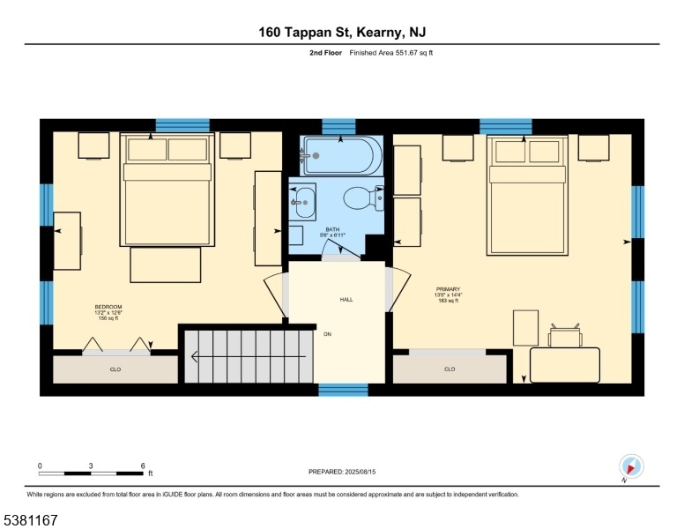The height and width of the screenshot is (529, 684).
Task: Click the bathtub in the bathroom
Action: click(343, 155)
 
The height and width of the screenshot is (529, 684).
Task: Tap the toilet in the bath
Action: click(363, 198)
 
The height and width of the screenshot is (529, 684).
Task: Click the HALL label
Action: click(346, 300)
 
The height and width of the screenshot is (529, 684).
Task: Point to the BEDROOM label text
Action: click(108, 307)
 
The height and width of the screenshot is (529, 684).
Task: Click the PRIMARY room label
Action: click(448, 289)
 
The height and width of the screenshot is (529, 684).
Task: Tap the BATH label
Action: click(332, 229)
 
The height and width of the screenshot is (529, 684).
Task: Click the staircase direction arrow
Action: click(249, 357)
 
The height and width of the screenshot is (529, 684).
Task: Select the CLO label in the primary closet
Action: click(450, 369)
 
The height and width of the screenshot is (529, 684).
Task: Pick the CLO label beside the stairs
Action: click(115, 369)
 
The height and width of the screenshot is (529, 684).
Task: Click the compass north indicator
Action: click(631, 466)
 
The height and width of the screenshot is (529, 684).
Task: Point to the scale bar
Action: click(91, 473)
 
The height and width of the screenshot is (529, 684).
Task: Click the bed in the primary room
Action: click(527, 195)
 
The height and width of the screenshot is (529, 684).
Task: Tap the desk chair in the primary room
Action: click(565, 335)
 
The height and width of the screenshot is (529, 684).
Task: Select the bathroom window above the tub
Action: click(339, 126)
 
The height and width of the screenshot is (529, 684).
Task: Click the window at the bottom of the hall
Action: click(343, 390)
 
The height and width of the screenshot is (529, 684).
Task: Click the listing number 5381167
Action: click(31, 520)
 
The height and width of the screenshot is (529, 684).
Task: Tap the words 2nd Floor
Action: click(325, 53)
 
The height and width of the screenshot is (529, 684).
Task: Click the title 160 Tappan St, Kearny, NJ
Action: click(342, 33)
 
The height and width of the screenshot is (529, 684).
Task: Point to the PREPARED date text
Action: click(342, 472)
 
